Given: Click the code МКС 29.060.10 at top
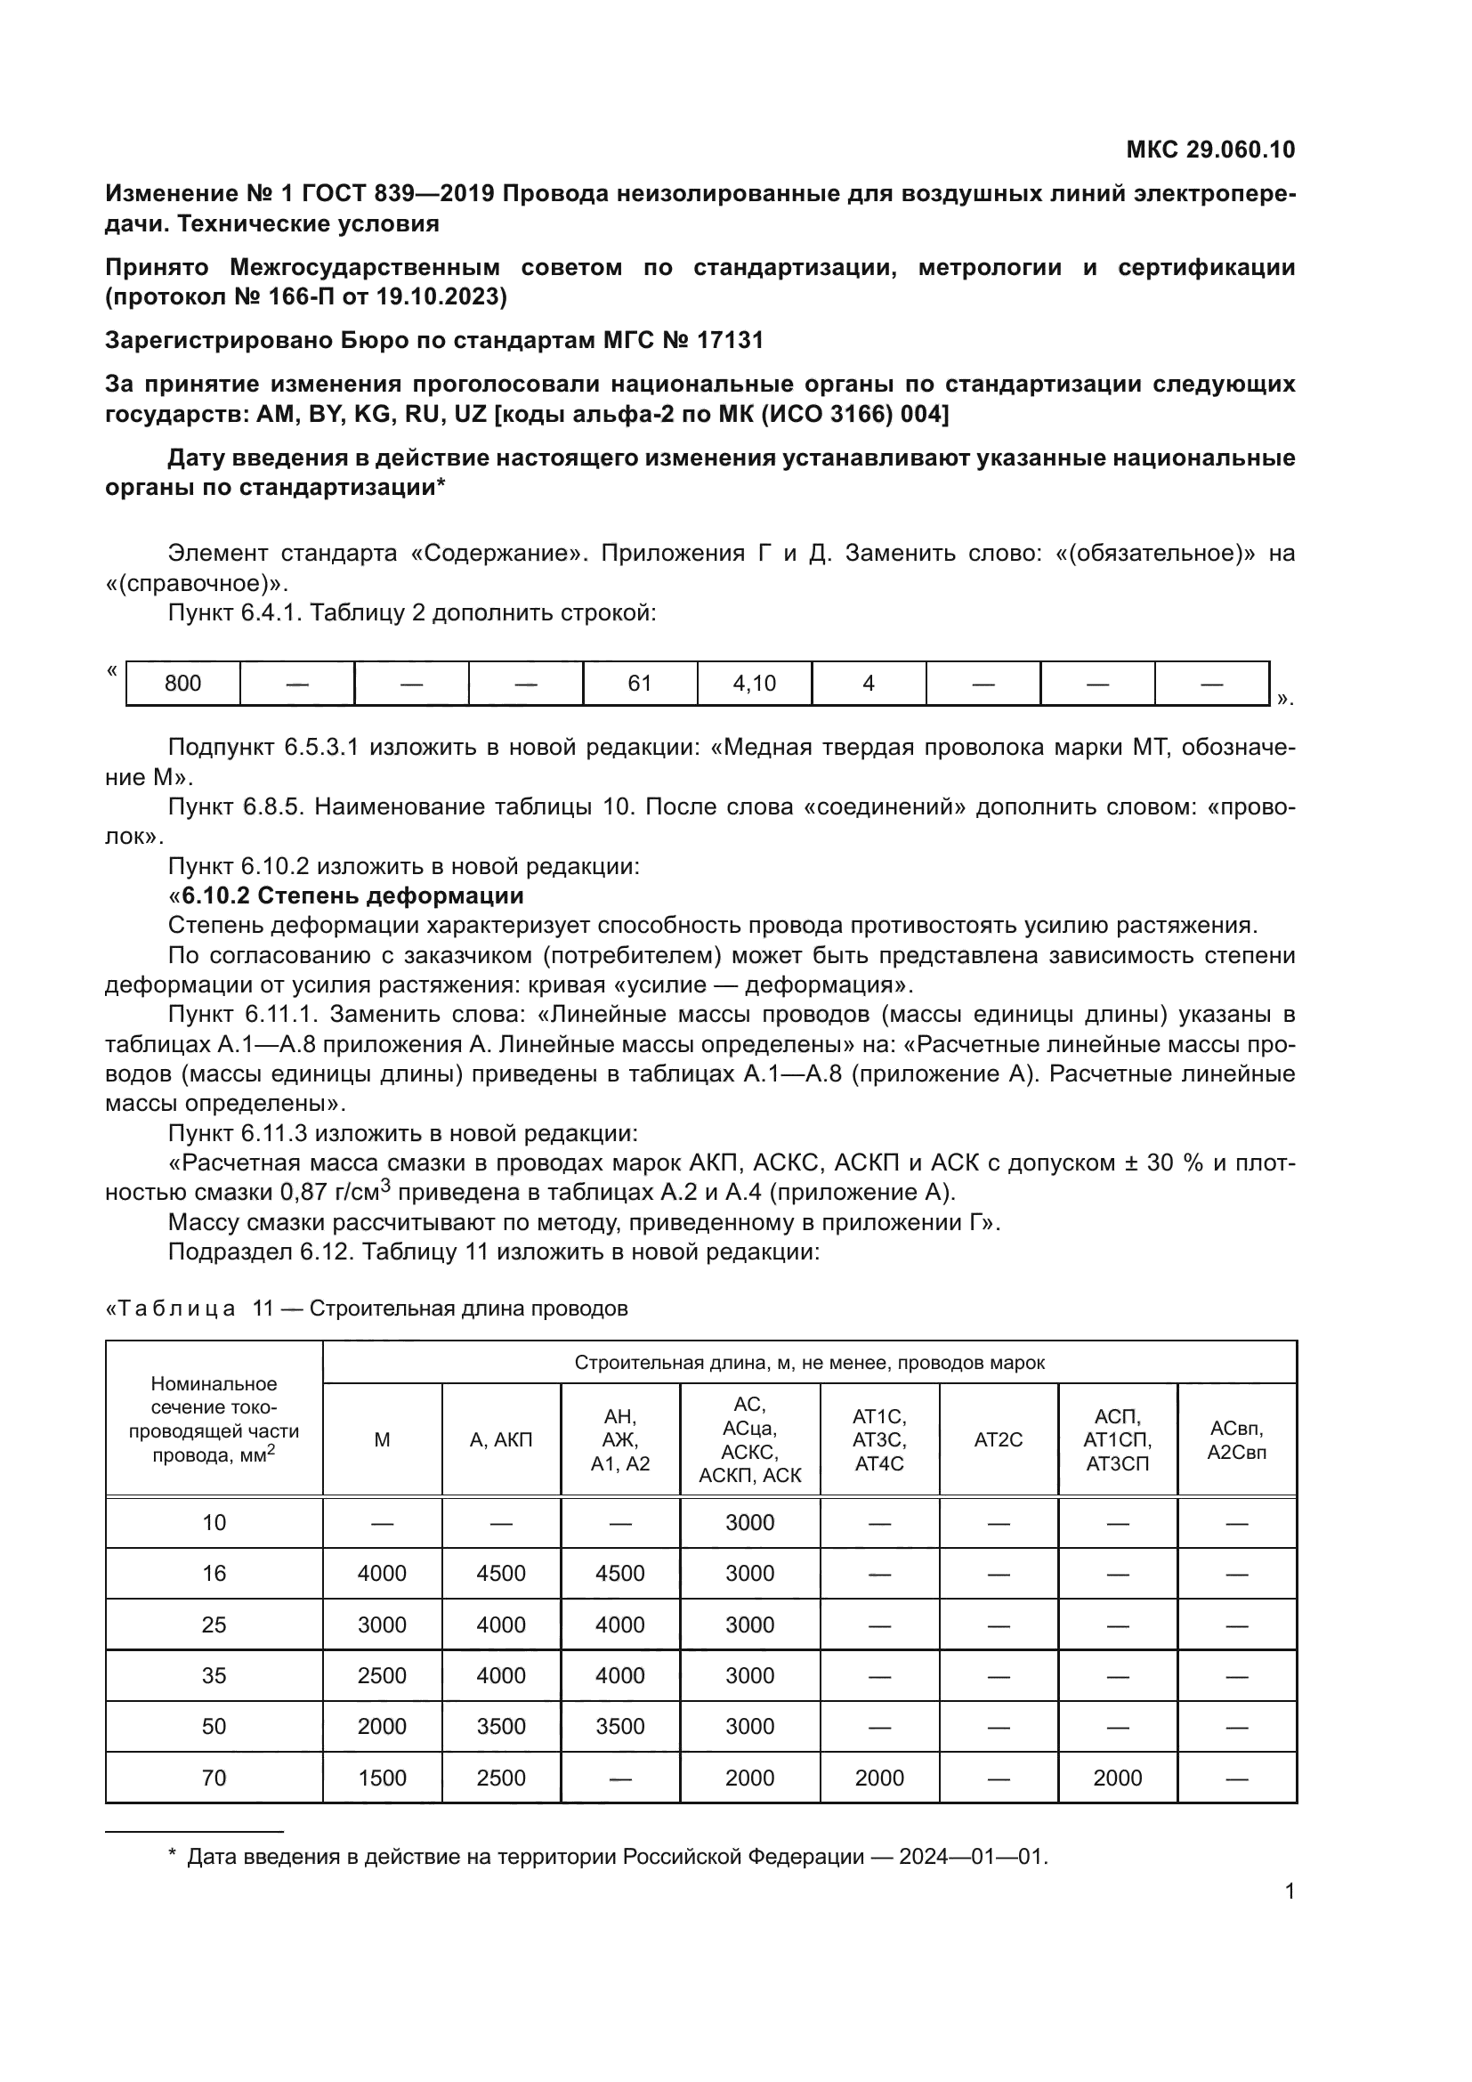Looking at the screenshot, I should (x=1210, y=150).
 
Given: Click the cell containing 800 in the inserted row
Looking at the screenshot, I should (x=183, y=683).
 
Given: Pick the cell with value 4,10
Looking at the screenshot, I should (x=754, y=683).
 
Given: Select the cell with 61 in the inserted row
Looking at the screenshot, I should (x=640, y=683).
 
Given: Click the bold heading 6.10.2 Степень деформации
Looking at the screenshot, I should (x=352, y=896).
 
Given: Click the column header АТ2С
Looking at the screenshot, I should (x=998, y=1440).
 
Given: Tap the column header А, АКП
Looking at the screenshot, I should (x=501, y=1440).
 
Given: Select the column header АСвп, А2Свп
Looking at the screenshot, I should (x=1236, y=1440).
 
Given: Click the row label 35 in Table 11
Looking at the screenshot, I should (x=214, y=1675).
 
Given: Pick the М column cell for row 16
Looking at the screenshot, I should (x=382, y=1573).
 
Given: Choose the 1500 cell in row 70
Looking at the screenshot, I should (x=382, y=1778).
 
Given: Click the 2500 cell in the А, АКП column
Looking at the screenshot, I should (x=501, y=1778).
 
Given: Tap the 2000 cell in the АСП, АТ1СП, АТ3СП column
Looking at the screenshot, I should (x=1117, y=1778).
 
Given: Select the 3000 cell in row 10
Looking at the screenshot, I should (x=749, y=1522).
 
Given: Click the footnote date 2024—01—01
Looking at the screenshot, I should (x=973, y=1856).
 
